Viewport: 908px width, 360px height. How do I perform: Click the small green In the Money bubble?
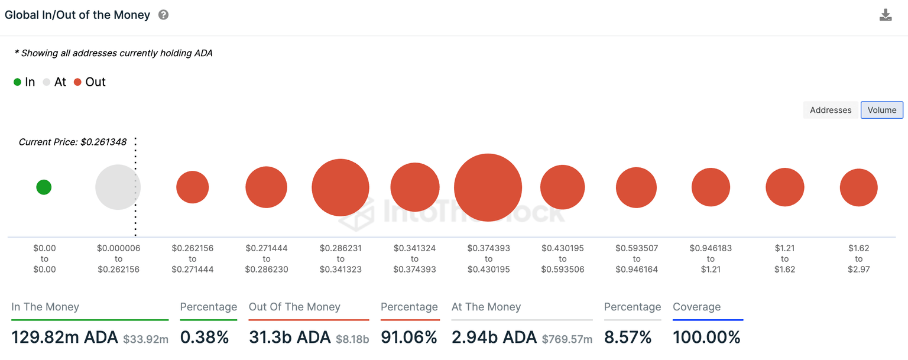coord(44,187)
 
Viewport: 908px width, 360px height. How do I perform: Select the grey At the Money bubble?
coord(118,187)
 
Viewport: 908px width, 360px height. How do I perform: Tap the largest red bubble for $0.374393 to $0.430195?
coord(488,187)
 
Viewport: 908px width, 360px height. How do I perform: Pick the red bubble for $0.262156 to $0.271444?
coord(193,187)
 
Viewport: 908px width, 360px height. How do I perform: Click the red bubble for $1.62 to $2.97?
coord(858,187)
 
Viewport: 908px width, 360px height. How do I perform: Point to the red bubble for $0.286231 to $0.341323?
coord(340,187)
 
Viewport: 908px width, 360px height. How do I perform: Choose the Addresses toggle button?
coord(831,110)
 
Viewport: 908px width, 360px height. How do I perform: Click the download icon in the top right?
coord(885,15)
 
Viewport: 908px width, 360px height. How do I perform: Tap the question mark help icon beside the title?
coord(164,15)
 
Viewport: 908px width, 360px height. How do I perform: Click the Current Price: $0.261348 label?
coord(73,142)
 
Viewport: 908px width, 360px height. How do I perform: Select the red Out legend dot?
coord(77,82)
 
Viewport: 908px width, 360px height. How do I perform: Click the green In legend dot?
coord(17,82)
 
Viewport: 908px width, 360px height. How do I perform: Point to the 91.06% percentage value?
coord(408,338)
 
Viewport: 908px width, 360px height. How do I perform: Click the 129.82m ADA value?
coord(65,338)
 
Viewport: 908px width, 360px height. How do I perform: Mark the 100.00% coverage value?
coord(706,338)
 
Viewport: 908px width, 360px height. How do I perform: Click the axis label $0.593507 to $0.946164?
coord(637,259)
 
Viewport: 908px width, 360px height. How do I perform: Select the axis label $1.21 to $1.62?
coord(784,259)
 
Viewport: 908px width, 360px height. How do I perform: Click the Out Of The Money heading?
coord(294,307)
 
